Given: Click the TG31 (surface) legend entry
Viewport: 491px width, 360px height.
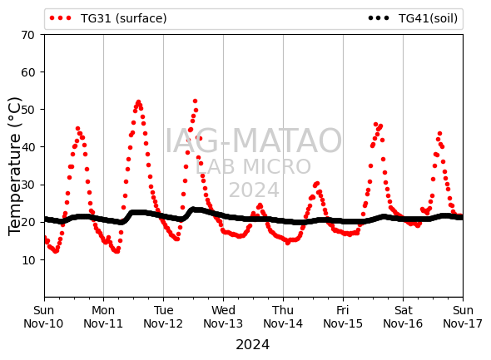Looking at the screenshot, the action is [x=108, y=18].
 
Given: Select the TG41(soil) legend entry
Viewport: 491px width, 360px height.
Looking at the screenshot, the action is [x=413, y=18].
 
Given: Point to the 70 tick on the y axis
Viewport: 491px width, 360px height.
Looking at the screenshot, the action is [x=27, y=35].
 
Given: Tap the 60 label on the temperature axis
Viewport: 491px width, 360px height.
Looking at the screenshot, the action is [x=27, y=72].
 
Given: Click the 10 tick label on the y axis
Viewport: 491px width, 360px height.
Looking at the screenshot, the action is [x=27, y=260].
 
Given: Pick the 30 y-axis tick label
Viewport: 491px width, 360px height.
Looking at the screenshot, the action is [x=27, y=185].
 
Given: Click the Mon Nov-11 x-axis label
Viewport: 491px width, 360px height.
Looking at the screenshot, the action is [x=103, y=317].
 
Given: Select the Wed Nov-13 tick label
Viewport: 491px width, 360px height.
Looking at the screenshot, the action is [x=223, y=317].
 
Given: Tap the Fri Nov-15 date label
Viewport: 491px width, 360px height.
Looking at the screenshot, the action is [x=343, y=317].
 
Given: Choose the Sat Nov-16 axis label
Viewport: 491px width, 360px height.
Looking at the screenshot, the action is [x=403, y=317].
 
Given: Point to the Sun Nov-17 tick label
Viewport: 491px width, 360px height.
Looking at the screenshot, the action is [x=463, y=317].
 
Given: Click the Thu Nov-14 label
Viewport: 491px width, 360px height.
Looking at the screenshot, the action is [x=283, y=317].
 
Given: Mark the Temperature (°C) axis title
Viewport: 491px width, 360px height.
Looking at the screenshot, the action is [x=14, y=166].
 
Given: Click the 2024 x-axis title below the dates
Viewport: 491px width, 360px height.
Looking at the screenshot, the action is [x=253, y=345].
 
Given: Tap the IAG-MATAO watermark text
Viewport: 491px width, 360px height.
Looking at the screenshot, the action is [x=253, y=141].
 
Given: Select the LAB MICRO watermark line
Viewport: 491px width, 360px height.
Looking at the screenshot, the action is [x=253, y=166].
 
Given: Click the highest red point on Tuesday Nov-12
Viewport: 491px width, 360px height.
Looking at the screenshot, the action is [x=195, y=101].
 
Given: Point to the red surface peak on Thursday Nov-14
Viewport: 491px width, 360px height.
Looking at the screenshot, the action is [x=317, y=183].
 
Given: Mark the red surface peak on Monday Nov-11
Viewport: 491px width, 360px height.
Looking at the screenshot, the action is [x=138, y=102].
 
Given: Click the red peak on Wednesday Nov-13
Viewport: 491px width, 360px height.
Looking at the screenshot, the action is [x=260, y=205].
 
